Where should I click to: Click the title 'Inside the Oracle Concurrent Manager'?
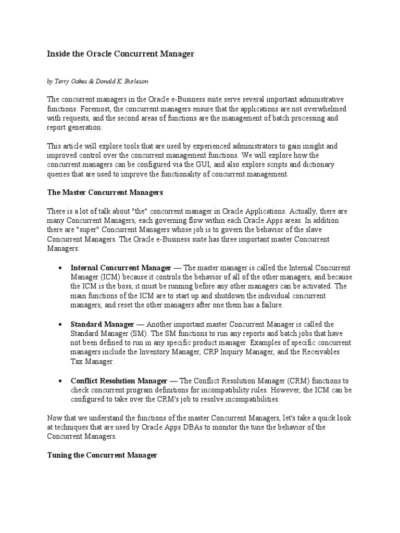pos(121,54)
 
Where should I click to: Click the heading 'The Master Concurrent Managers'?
pos(105,193)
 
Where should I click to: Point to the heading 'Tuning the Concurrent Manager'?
pos(102,455)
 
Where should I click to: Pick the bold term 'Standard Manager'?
pos(102,324)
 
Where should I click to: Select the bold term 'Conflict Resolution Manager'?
pos(119,381)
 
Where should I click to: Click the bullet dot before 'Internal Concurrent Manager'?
pos(60,268)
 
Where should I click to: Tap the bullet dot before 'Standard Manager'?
pos(60,325)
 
